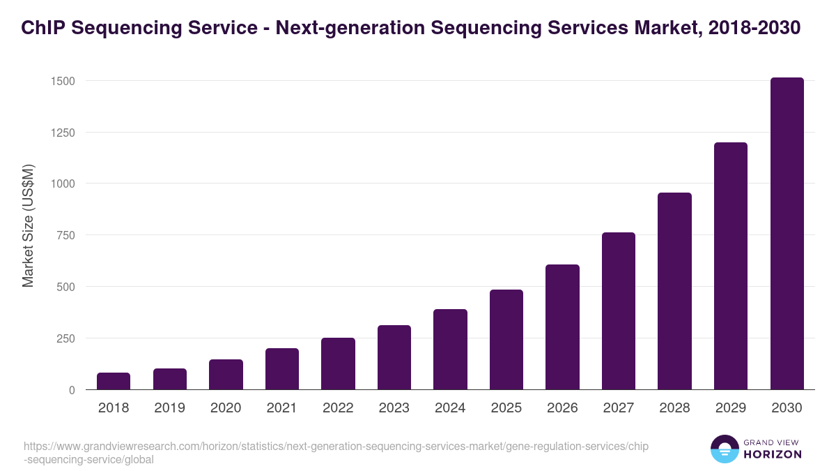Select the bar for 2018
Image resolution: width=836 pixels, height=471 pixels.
pos(114,381)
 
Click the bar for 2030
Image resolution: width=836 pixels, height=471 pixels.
pos(787,234)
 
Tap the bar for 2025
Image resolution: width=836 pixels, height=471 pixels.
pos(506,340)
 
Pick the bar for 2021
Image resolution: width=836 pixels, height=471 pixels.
pos(282,369)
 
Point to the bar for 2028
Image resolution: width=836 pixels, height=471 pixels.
pos(674,291)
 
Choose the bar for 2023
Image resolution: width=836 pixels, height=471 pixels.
pos(394,357)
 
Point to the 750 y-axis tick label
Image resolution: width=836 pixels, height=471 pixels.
pos(65,235)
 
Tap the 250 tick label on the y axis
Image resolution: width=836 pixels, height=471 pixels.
pos(65,338)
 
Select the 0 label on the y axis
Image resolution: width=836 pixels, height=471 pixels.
pos(72,390)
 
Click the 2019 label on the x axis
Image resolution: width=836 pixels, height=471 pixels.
pos(169,408)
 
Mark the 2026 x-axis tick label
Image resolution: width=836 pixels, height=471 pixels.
pos(562,408)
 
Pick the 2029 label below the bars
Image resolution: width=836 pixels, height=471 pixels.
pos(730,408)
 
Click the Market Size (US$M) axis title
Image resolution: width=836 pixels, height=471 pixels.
pos(28,225)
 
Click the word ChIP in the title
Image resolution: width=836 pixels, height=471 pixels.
pos(44,28)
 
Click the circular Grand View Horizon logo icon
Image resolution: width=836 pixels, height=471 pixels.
pos(725,449)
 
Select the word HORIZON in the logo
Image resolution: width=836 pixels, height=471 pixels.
pos(773,454)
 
